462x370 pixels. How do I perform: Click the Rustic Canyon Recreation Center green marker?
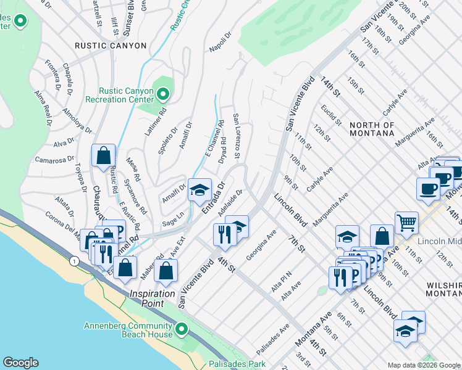tap(163, 94)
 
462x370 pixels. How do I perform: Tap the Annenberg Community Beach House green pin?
tap(181, 329)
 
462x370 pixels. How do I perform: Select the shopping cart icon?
tap(406, 223)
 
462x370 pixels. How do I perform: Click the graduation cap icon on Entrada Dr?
tap(199, 190)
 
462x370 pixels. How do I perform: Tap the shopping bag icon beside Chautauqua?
tap(103, 156)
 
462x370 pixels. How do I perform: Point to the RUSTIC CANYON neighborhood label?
tap(111, 46)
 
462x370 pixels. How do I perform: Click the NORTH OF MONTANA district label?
tap(372, 129)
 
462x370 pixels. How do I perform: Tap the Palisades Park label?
tap(237, 364)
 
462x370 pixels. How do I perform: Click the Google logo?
tap(20, 363)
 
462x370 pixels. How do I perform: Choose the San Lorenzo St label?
tap(237, 135)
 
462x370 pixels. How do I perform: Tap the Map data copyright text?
tap(424, 365)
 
